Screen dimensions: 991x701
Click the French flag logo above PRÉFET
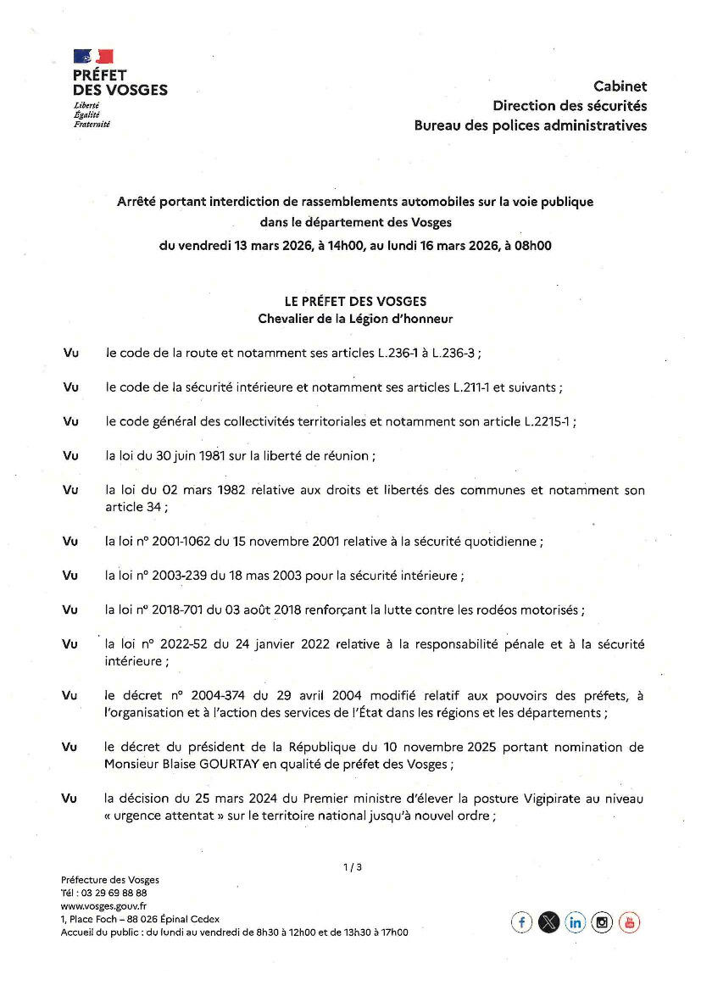click(93, 57)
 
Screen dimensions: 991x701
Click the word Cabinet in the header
click(620, 86)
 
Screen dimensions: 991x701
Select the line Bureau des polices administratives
click(530, 125)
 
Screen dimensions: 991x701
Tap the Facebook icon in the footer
click(521, 922)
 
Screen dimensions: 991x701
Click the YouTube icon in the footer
click(629, 922)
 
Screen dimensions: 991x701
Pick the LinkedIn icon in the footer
click(576, 922)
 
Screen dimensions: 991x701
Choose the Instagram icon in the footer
click(602, 922)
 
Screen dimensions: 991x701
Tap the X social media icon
click(548, 922)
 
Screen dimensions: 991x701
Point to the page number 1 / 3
click(353, 866)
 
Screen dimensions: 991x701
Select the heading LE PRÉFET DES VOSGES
click(355, 301)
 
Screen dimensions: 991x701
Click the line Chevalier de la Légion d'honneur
click(355, 319)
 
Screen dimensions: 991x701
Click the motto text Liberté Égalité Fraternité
click(92, 114)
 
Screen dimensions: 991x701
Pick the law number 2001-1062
click(183, 541)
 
